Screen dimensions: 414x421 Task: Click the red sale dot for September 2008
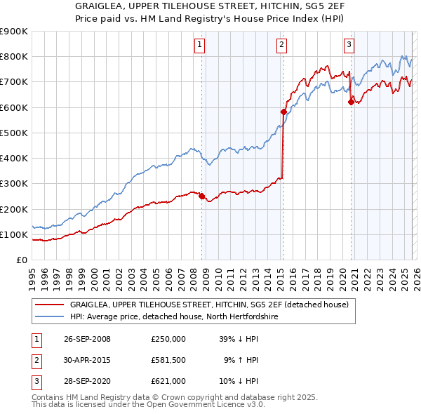(202, 196)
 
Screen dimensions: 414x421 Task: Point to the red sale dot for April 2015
(283, 112)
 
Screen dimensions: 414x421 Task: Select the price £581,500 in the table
(168, 360)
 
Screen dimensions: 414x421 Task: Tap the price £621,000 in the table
(168, 381)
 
